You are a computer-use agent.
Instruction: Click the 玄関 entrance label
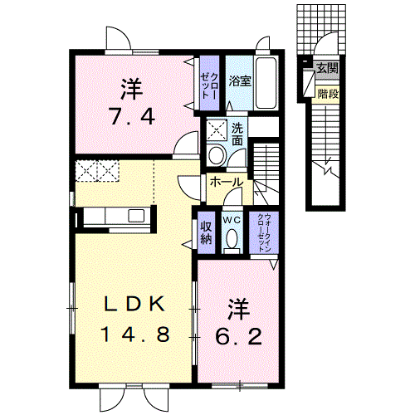(328, 68)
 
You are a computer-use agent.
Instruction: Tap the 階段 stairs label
(328, 94)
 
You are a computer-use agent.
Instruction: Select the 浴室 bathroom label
(240, 81)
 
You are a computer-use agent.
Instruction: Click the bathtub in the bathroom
(266, 83)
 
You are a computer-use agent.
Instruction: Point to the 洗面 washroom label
(237, 134)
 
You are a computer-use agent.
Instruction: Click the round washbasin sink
(216, 154)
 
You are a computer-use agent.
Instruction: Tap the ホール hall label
(227, 182)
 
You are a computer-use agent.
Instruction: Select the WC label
(232, 220)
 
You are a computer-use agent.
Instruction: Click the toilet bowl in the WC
(232, 238)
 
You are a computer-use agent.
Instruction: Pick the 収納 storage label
(206, 232)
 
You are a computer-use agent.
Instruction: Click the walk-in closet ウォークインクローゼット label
(264, 232)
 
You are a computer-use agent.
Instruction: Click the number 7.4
(132, 116)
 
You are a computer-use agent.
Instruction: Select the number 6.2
(238, 337)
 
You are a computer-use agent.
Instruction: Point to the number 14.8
(134, 334)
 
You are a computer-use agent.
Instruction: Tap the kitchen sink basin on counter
(136, 216)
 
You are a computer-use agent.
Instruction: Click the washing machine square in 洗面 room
(217, 129)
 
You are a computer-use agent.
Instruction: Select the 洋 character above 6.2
(239, 309)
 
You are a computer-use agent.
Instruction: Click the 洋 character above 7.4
(132, 89)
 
